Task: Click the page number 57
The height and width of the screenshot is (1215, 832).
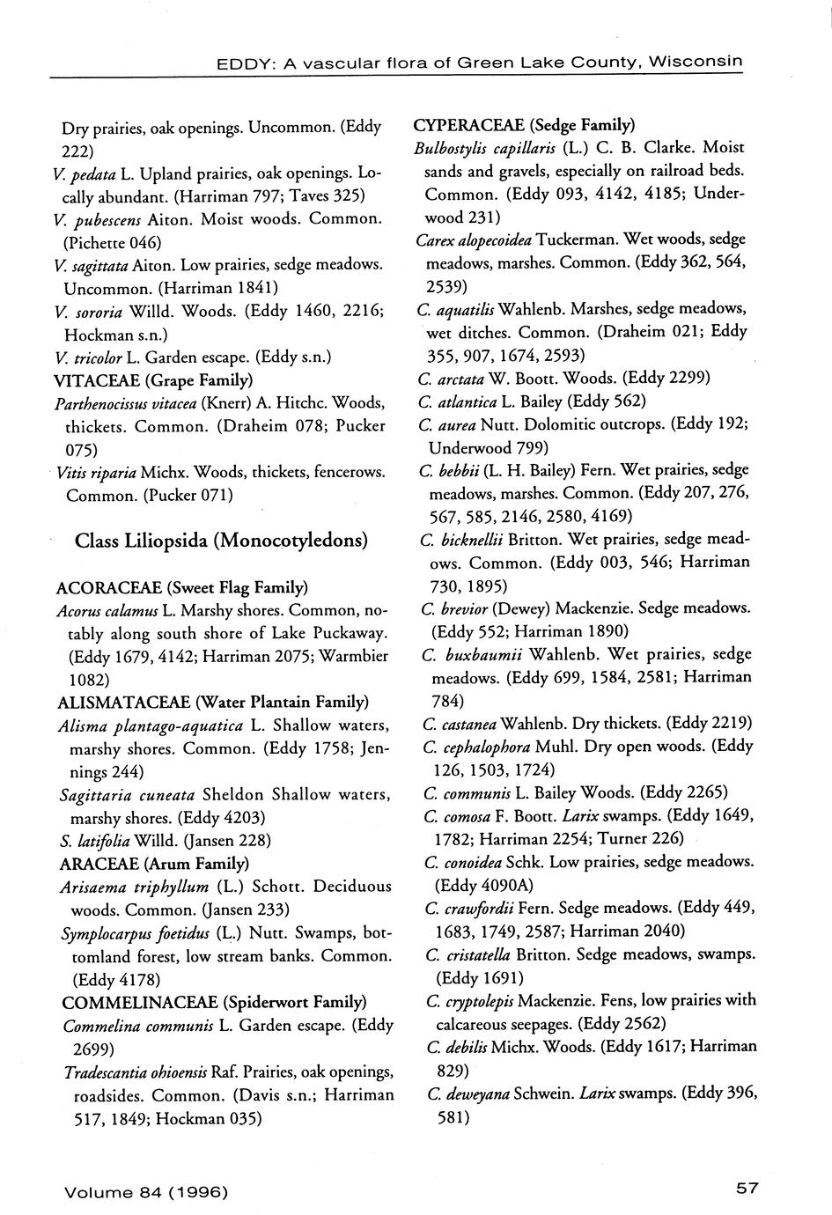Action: point(747,1189)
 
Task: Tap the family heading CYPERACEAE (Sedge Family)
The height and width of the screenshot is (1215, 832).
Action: point(524,123)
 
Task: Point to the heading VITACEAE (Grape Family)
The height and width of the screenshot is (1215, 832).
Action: point(153,379)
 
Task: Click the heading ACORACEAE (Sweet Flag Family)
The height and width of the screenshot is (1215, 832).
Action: point(181,586)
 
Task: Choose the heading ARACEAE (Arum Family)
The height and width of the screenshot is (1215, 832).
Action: point(153,863)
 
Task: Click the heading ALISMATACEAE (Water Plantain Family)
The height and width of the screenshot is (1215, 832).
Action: point(212,702)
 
